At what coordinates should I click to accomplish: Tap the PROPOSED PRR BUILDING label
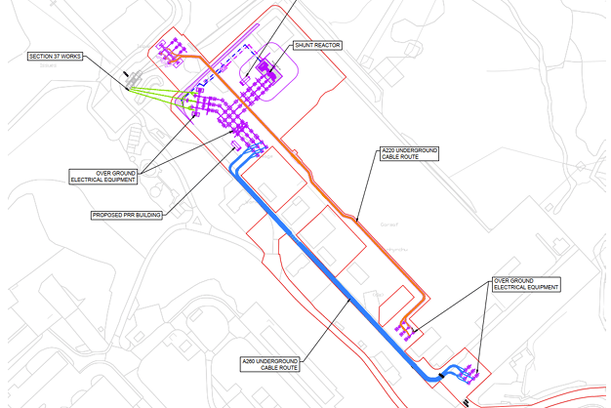click(x=126, y=216)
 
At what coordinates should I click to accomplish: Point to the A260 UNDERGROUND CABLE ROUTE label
click(x=271, y=365)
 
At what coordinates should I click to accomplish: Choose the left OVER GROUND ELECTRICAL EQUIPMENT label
click(x=103, y=177)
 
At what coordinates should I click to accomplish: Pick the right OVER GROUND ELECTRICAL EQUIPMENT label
click(x=525, y=285)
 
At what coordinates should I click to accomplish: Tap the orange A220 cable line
click(x=332, y=195)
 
